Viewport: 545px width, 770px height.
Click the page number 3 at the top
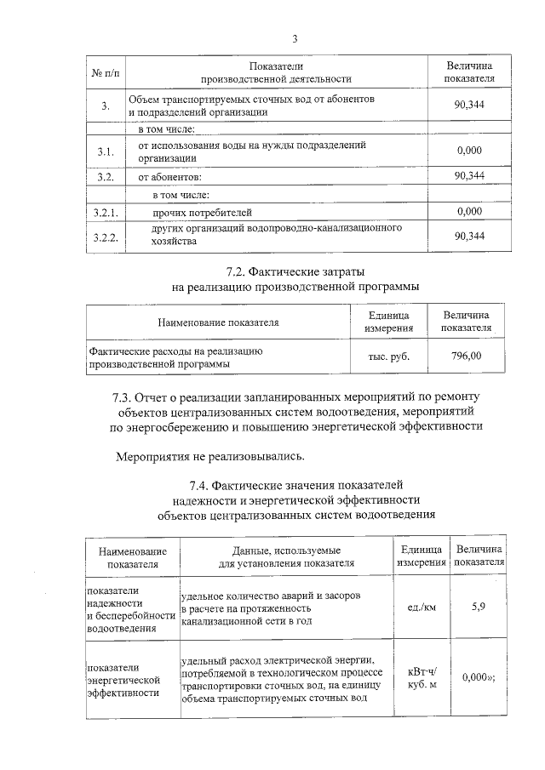(295, 38)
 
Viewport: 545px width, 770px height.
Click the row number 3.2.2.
(107, 236)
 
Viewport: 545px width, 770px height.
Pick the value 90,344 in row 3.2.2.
(470, 236)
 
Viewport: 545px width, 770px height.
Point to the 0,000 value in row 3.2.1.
(470, 211)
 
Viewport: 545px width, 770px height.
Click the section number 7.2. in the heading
(241, 271)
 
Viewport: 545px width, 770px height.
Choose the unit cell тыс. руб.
(388, 356)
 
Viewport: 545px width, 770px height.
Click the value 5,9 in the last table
(479, 607)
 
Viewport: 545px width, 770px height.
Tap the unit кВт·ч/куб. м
(422, 678)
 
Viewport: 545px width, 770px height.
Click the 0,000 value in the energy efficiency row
(477, 678)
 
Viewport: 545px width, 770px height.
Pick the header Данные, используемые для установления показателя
(286, 557)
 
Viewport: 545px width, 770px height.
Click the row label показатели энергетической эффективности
(124, 680)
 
